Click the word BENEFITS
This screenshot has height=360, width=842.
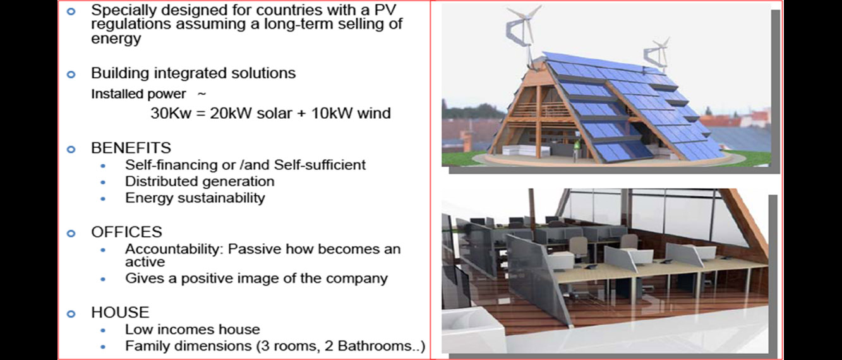131,148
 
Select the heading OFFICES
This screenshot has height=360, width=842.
126,232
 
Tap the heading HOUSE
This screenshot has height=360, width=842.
120,313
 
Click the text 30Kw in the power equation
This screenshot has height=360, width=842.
171,113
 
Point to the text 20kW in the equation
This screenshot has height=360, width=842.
231,113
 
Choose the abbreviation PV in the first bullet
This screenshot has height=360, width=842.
386,10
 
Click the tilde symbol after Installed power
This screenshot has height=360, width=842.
201,94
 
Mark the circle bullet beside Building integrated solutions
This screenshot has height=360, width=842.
71,74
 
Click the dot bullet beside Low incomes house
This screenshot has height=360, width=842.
103,330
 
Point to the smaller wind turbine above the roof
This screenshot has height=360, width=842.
656,54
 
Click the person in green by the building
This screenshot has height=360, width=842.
576,150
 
